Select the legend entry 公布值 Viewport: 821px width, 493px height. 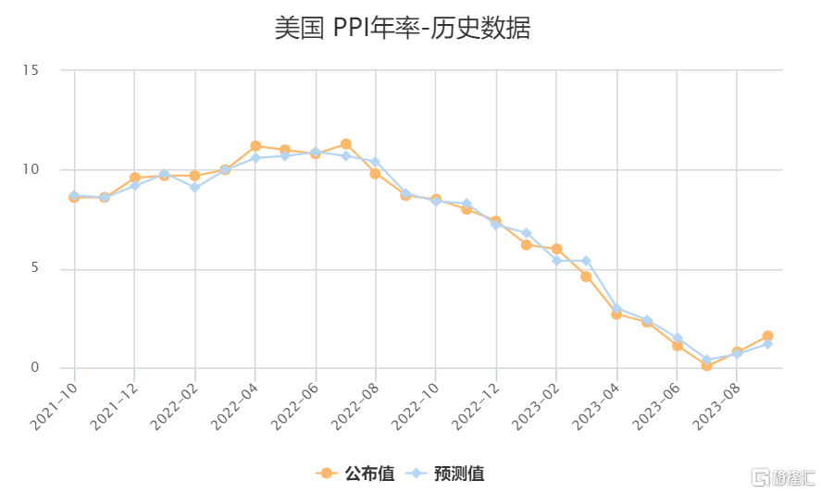click(355, 474)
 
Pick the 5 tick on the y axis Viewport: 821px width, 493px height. click(34, 269)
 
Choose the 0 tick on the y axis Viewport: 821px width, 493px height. click(34, 368)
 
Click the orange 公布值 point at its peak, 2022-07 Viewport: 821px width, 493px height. click(345, 144)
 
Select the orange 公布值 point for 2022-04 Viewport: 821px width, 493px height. click(255, 146)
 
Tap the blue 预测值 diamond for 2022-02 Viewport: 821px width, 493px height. click(194, 187)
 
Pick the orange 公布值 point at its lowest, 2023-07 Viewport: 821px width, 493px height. click(706, 365)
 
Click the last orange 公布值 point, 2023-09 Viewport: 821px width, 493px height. click(767, 336)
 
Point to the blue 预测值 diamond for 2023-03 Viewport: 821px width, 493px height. click(586, 261)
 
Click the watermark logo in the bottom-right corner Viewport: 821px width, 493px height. click(783, 477)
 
